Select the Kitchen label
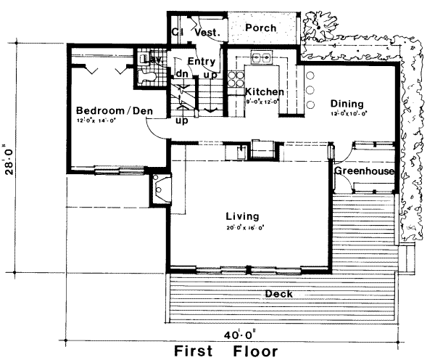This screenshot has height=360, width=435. click(x=264, y=92)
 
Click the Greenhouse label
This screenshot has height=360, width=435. click(x=364, y=171)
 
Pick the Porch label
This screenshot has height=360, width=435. click(x=259, y=28)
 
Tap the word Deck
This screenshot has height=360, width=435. click(x=278, y=293)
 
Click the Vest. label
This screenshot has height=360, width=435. click(x=207, y=31)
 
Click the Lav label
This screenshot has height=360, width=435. click(x=153, y=57)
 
